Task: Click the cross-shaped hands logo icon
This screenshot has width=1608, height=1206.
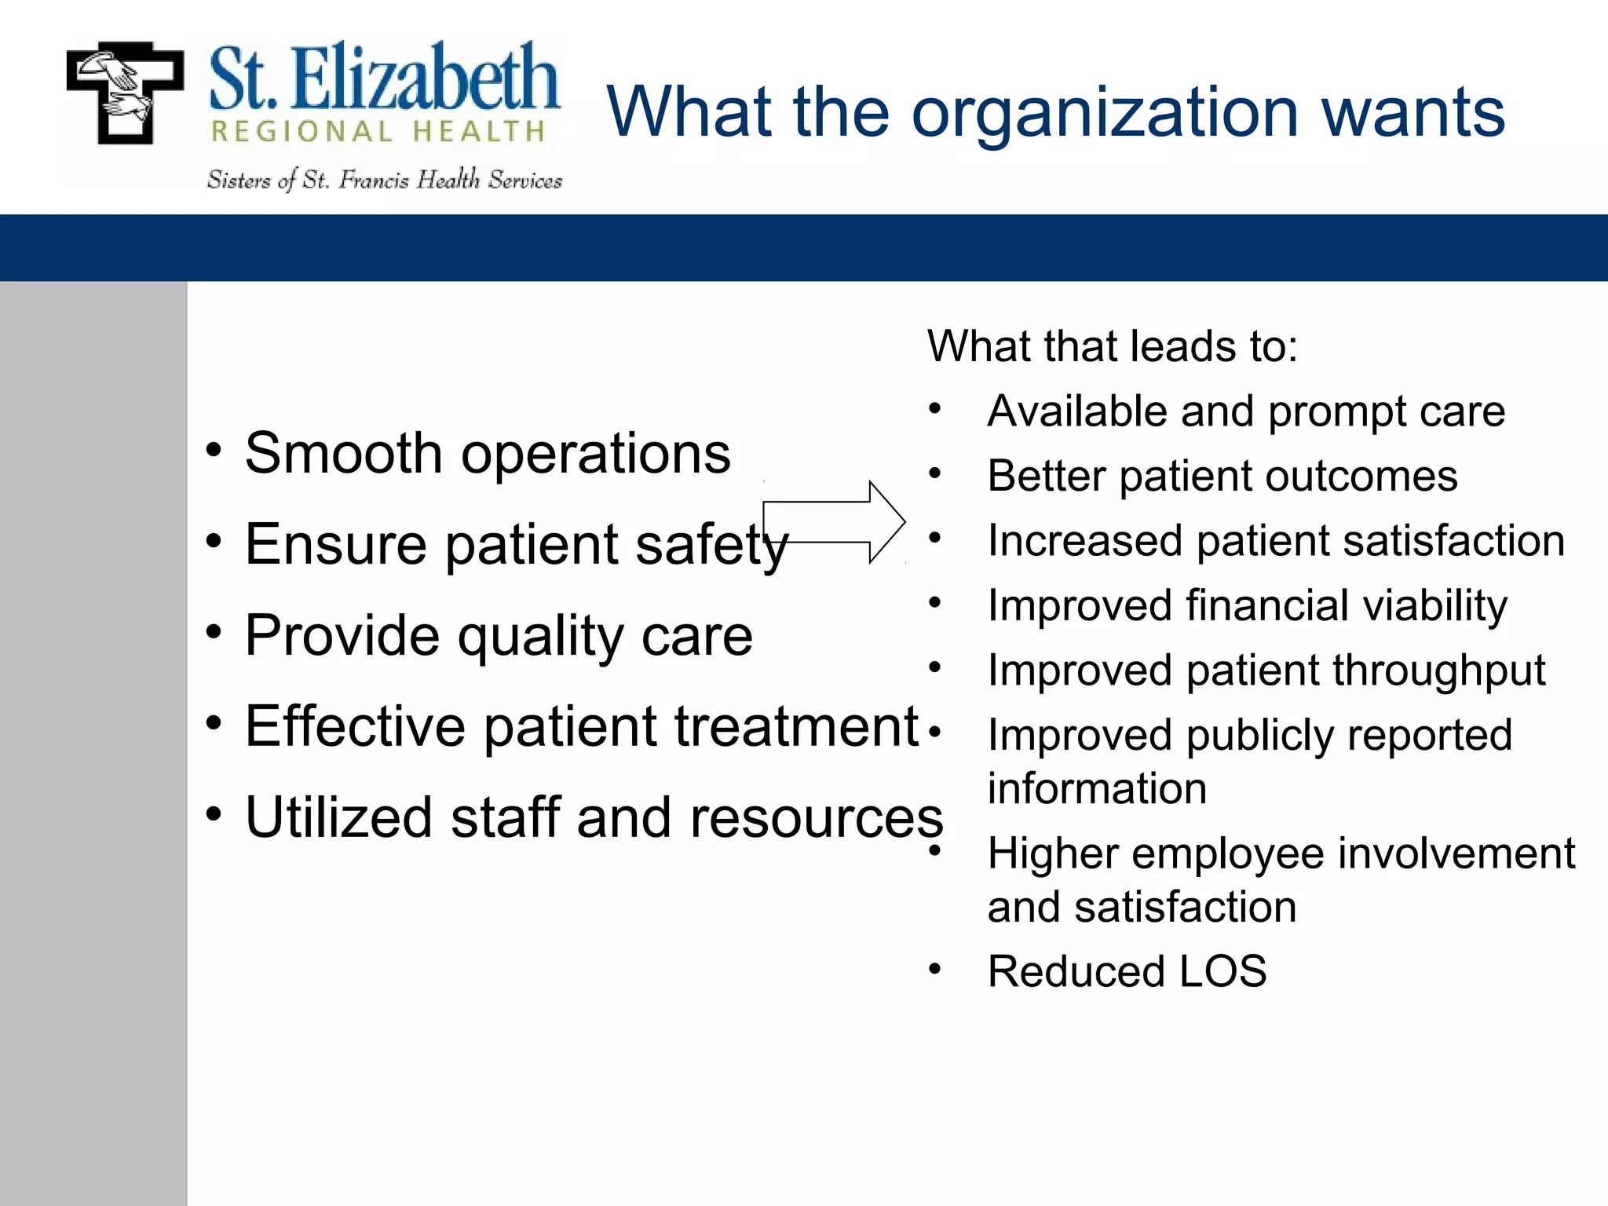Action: pos(126,93)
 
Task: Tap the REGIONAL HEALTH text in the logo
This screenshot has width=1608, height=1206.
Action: pos(378,131)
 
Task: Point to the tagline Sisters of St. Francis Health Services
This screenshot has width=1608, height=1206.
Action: pos(384,181)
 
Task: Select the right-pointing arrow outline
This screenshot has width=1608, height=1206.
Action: pos(835,522)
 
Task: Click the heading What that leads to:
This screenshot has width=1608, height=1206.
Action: pos(1112,346)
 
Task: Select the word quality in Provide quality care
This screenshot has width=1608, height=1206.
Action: pos(539,636)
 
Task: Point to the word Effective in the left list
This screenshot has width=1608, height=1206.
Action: pos(355,726)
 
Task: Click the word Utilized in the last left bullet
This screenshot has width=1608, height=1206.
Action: pos(338,817)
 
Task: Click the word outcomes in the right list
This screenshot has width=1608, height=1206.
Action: pos(1367,476)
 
